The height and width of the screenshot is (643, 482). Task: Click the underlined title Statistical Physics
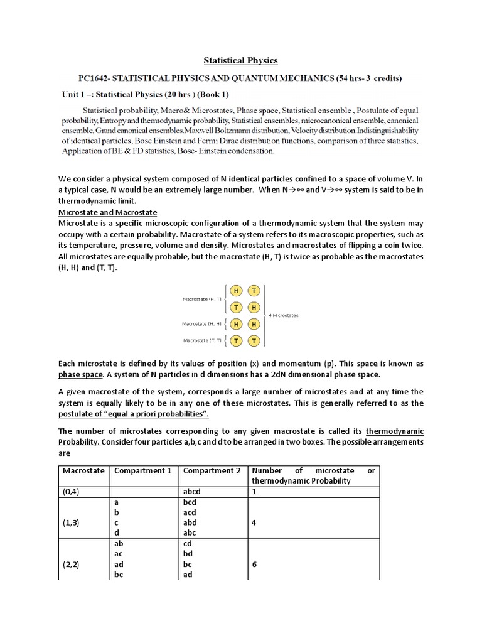pyautogui.click(x=240, y=60)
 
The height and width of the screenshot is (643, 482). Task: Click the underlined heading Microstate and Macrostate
pyautogui.click(x=107, y=212)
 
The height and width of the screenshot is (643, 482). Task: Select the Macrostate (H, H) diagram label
pyautogui.click(x=201, y=324)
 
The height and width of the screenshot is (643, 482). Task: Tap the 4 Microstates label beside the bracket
pyautogui.click(x=284, y=315)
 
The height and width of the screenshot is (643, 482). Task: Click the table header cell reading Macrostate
pyautogui.click(x=84, y=471)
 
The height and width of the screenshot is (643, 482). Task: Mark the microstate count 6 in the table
pyautogui.click(x=254, y=565)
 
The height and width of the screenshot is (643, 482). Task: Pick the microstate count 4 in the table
pyautogui.click(x=254, y=522)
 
